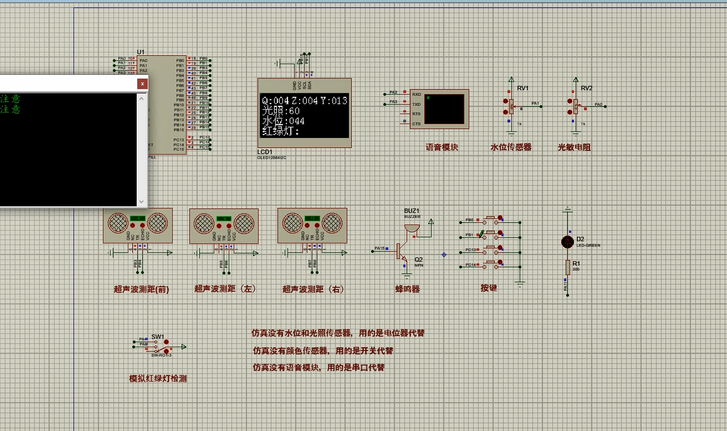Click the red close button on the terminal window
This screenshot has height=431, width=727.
click(x=142, y=84)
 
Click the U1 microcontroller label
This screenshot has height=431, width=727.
click(x=141, y=52)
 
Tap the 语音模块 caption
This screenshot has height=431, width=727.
click(x=442, y=147)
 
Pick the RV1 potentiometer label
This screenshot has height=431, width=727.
click(x=523, y=88)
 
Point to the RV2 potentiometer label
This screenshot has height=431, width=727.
click(x=586, y=88)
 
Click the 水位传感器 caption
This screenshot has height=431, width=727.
click(x=511, y=147)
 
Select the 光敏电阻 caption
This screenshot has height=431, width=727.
click(x=574, y=147)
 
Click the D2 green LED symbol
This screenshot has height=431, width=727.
click(x=567, y=242)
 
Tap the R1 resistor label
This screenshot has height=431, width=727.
click(x=576, y=264)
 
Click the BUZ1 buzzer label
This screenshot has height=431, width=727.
click(x=412, y=210)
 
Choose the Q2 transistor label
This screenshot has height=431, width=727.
click(x=419, y=259)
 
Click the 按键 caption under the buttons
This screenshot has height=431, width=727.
click(x=489, y=288)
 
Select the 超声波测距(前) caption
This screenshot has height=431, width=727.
click(x=141, y=289)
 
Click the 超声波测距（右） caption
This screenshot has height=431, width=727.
click(x=314, y=289)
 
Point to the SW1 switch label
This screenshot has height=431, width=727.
click(x=158, y=337)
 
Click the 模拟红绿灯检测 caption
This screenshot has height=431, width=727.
click(x=158, y=379)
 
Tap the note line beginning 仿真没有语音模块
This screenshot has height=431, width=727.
click(x=319, y=368)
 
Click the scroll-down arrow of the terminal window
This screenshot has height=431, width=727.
click(x=142, y=201)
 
